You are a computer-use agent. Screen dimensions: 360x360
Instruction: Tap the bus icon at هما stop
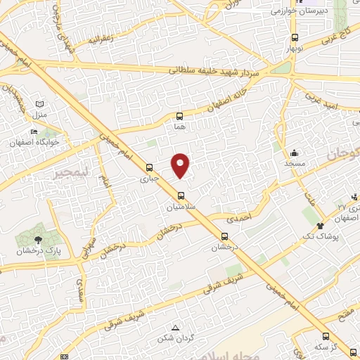pyautogui.click(x=179, y=116)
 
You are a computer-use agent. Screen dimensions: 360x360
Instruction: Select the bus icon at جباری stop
pyautogui.click(x=148, y=167)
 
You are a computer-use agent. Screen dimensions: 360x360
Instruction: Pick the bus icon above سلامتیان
pyautogui.click(x=181, y=195)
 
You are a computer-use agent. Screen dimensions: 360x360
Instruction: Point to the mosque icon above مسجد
pyautogui.click(x=294, y=153)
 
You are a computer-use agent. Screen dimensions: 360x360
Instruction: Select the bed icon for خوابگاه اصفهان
pyautogui.click(x=33, y=131)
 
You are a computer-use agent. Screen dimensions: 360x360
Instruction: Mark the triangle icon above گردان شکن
pyautogui.click(x=176, y=328)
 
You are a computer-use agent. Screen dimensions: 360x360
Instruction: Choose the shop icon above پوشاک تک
pyautogui.click(x=321, y=226)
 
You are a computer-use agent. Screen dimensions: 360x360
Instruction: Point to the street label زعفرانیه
pyautogui.click(x=101, y=39)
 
